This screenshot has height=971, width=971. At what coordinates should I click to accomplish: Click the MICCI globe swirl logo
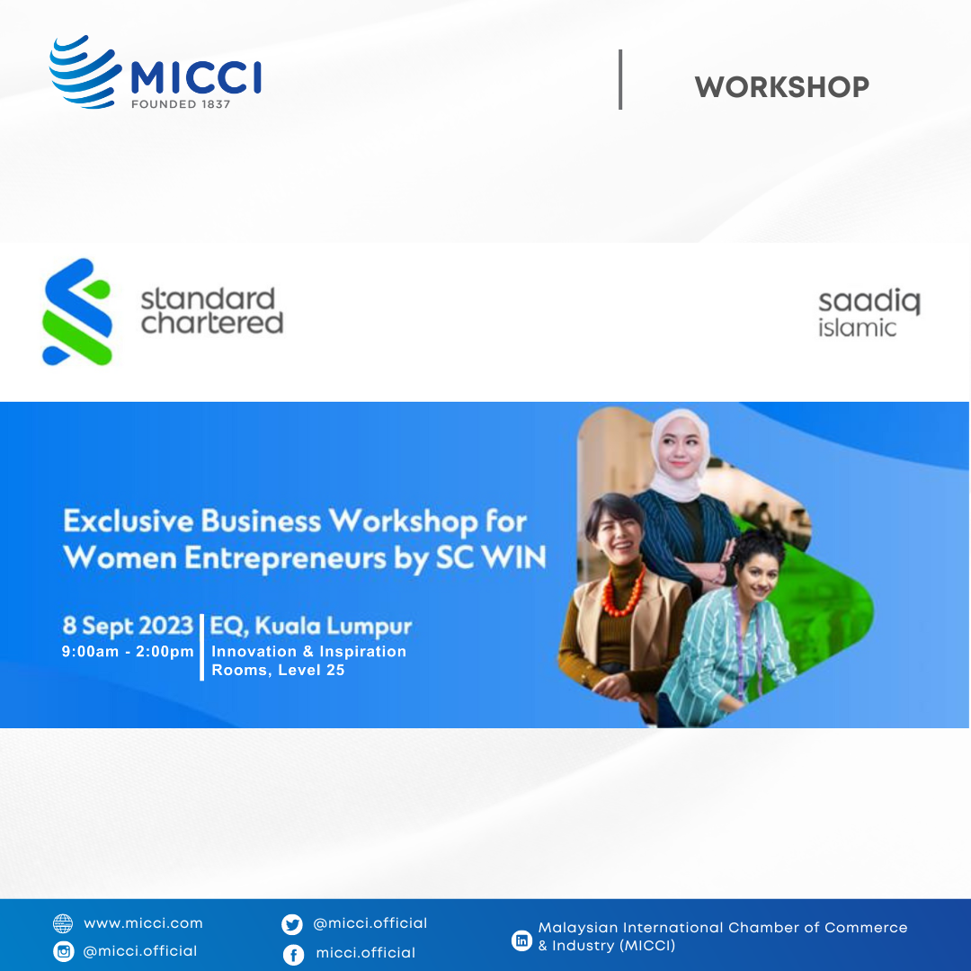85,72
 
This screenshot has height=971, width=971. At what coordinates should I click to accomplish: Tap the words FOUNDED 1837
181,104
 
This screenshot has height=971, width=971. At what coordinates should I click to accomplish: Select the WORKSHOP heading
781,86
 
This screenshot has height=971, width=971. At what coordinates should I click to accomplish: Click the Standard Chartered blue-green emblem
77,311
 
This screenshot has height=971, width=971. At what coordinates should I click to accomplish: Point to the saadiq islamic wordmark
869,313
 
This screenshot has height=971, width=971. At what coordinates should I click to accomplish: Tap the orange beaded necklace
623,592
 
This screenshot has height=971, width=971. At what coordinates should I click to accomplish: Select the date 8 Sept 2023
129,626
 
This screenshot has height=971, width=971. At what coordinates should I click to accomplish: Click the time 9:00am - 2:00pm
128,652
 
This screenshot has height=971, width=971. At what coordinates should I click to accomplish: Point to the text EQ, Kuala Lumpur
311,627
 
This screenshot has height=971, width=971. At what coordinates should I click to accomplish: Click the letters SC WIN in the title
491,557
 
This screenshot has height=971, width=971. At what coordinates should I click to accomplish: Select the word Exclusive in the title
129,521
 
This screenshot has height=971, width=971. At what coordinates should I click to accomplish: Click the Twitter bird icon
292,924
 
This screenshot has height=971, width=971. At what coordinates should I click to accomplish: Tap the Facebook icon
293,955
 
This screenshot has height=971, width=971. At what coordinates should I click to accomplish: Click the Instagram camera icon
63,952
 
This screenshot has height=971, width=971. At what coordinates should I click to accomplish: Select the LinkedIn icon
522,940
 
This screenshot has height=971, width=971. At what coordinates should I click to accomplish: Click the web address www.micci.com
143,923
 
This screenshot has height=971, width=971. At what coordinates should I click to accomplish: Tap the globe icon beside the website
63,924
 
